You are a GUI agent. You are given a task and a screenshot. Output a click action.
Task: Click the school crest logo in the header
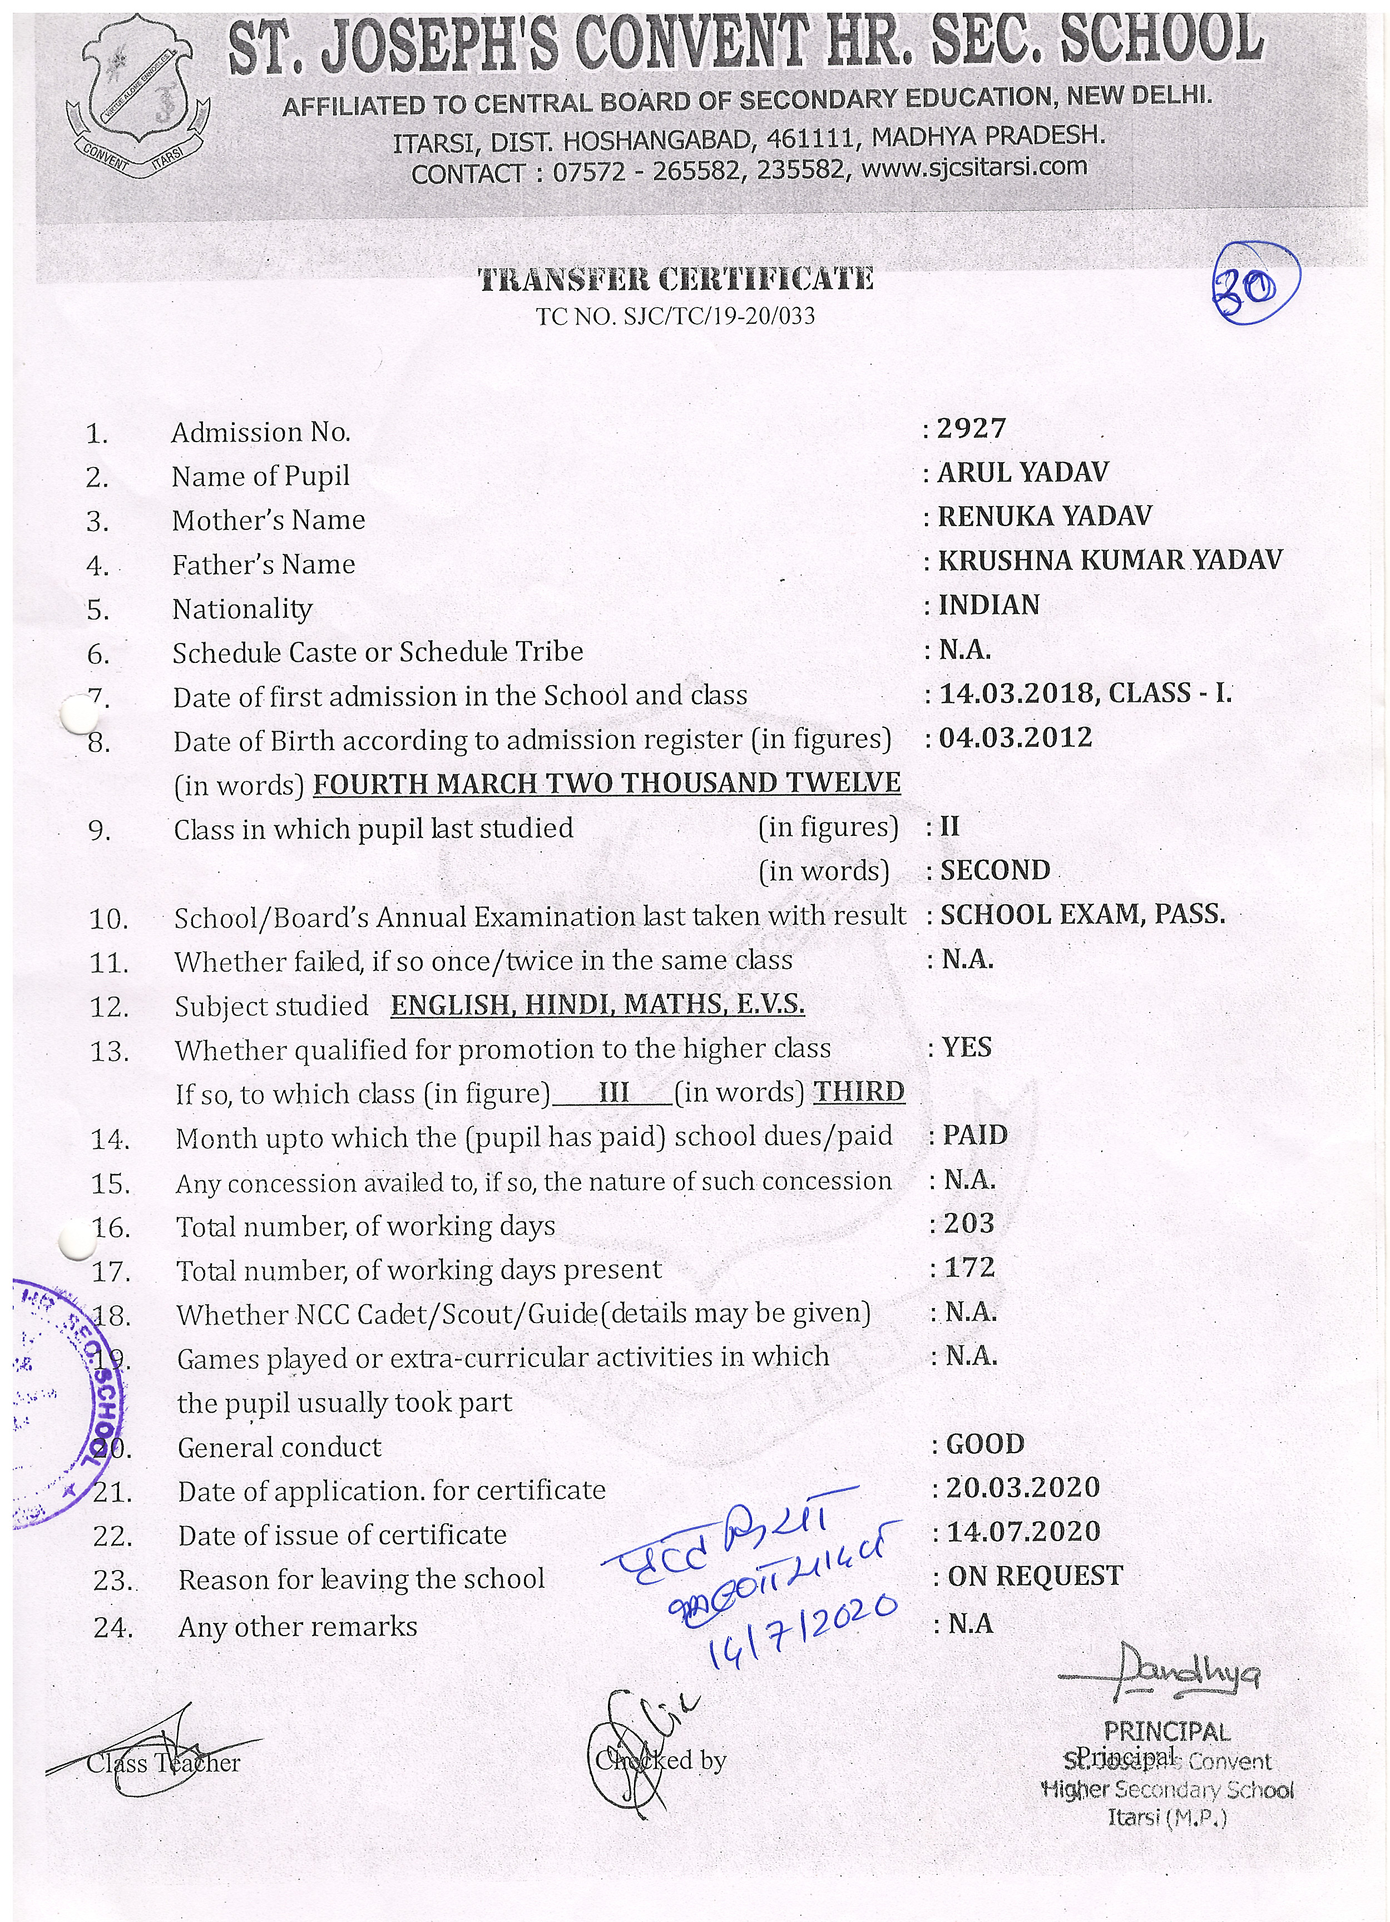point(137,100)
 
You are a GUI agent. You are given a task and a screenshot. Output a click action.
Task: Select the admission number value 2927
point(971,429)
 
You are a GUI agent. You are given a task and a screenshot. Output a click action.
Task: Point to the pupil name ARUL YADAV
point(1022,473)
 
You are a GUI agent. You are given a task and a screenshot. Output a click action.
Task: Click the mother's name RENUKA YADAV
point(1044,516)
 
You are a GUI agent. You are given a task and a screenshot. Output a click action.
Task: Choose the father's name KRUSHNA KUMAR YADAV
point(1110,560)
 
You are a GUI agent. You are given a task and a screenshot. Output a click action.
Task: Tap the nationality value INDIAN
point(988,605)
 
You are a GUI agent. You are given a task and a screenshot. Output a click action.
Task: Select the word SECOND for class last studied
point(995,870)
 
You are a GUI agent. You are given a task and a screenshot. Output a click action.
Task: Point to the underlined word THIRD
point(859,1092)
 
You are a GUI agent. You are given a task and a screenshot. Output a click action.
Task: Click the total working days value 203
point(969,1223)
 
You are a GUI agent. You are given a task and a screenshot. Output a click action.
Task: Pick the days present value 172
point(969,1268)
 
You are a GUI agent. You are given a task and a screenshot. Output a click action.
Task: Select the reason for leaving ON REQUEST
point(1035,1576)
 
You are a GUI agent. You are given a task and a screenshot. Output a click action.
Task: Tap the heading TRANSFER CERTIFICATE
point(675,279)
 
